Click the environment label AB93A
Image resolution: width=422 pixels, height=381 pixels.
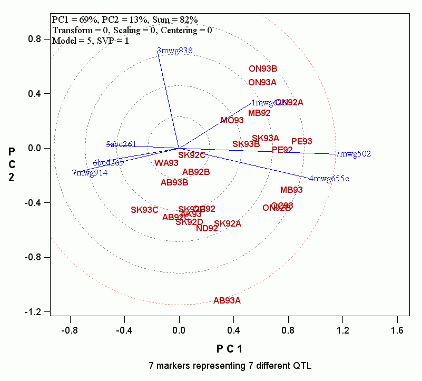227,301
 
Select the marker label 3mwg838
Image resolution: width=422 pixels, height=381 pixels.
175,51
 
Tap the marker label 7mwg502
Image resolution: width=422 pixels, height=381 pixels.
353,154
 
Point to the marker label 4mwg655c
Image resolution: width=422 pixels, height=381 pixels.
329,179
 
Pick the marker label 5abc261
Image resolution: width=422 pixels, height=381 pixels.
121,144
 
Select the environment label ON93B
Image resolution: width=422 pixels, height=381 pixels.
263,69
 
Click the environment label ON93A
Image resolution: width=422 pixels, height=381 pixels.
262,82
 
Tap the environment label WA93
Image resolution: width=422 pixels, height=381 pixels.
166,163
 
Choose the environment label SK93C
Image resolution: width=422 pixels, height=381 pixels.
144,210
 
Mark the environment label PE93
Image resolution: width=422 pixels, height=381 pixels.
302,141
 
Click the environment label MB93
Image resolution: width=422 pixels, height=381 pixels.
291,190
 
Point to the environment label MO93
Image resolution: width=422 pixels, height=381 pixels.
232,120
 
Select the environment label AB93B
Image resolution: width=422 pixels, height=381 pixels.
174,183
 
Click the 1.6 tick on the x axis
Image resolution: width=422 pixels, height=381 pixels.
397,330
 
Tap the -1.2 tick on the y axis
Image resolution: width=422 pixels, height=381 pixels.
35,312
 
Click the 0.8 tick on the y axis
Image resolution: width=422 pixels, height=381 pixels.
35,39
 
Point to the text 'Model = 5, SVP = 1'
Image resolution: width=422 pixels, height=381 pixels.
90,40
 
